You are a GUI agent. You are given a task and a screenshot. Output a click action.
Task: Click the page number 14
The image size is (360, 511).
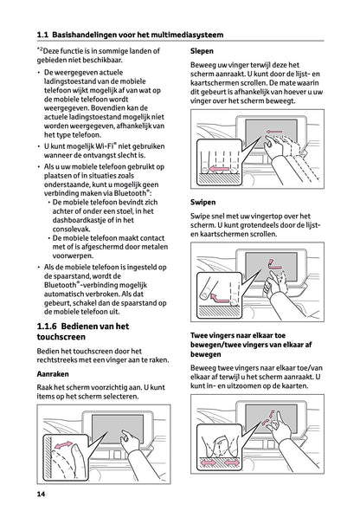pos(42,494)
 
